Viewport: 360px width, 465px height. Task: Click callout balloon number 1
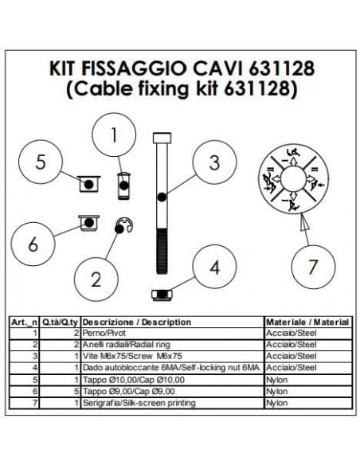tap(113, 135)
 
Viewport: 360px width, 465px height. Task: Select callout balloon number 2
tap(96, 279)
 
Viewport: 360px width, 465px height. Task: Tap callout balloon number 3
tap(213, 162)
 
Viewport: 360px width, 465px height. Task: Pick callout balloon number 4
tap(213, 267)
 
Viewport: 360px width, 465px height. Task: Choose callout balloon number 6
tap(33, 244)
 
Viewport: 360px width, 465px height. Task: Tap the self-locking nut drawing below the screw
tap(162, 295)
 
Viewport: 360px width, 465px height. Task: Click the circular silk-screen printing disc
tap(293, 181)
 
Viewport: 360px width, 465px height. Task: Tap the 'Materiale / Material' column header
tap(307, 322)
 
